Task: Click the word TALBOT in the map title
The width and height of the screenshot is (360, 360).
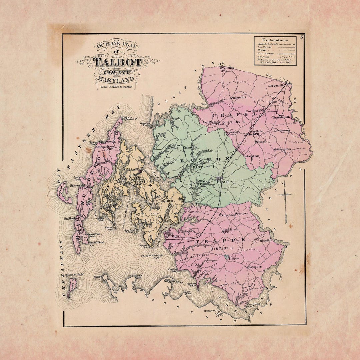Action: coord(117,62)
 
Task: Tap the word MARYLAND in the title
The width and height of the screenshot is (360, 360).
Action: coord(117,79)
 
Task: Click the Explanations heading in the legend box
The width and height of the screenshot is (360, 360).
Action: coord(275,40)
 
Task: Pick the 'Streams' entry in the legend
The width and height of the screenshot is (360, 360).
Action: coord(264,57)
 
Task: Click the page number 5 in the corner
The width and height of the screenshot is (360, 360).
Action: coord(301,37)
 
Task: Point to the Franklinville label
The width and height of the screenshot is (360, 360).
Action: coord(282,117)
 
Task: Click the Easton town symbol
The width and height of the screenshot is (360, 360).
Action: coord(220,179)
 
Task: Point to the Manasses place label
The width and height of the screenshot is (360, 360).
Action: coord(254,267)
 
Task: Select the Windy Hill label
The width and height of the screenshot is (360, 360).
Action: coord(266,240)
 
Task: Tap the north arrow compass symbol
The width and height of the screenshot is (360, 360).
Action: coord(286,200)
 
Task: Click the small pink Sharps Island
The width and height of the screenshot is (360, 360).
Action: coord(71,287)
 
